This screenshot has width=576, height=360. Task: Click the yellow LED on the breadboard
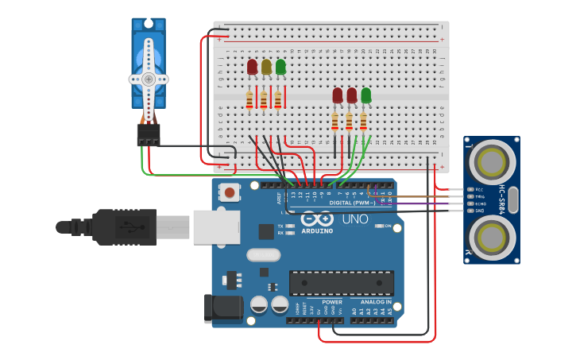(x=266, y=68)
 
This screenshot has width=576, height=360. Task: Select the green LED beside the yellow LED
(x=280, y=67)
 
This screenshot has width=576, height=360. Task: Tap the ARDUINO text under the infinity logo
(x=322, y=231)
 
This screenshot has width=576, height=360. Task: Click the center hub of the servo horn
(x=149, y=79)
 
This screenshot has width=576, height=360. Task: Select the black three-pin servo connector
(x=149, y=134)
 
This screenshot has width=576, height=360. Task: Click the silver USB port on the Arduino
(x=215, y=226)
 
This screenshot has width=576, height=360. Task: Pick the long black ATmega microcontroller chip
(x=342, y=283)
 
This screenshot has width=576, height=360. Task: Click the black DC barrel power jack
(x=223, y=309)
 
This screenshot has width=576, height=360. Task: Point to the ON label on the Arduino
(x=389, y=226)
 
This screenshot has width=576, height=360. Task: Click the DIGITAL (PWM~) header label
(x=352, y=203)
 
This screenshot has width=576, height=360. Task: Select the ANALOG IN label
(x=375, y=302)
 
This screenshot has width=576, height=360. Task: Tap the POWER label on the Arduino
(x=332, y=302)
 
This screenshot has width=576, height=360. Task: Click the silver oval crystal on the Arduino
(x=263, y=255)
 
